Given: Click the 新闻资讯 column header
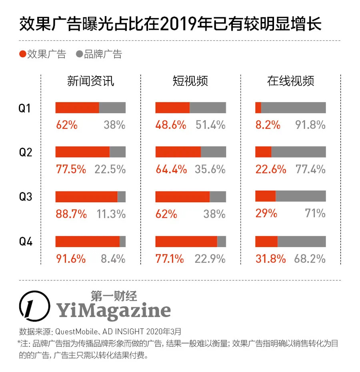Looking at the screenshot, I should (x=90, y=81).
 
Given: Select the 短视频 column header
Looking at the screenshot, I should (x=190, y=81).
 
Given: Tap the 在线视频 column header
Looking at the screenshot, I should (x=290, y=81).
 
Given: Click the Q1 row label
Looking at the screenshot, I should (x=25, y=108).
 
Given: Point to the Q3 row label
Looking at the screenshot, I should (x=25, y=197).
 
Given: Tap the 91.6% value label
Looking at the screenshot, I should (x=71, y=259).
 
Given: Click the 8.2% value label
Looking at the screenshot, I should (x=268, y=125).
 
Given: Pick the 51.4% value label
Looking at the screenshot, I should (x=210, y=125).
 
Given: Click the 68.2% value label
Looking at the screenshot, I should (x=310, y=259).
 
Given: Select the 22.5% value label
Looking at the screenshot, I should (x=110, y=169).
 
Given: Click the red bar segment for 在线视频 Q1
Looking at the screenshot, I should (x=258, y=108).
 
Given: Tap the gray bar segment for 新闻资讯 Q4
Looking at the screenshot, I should (x=122, y=241).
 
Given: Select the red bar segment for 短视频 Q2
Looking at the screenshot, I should (x=178, y=152).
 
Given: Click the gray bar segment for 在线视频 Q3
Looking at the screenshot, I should (x=300, y=196).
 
